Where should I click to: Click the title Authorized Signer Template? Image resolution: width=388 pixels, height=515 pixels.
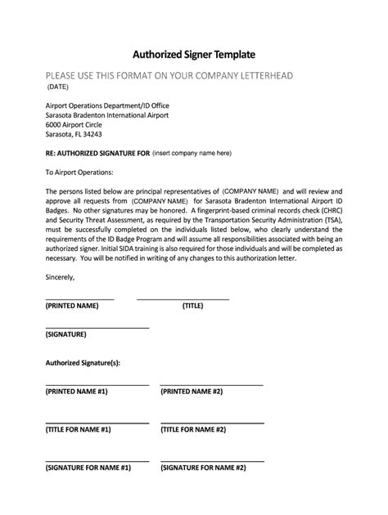pyautogui.click(x=194, y=55)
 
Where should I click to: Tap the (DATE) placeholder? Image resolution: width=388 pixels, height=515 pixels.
pyautogui.click(x=58, y=85)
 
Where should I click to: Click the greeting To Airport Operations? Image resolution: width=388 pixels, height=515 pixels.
pyautogui.click(x=79, y=172)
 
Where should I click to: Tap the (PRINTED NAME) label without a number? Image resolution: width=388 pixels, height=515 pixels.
pyautogui.click(x=72, y=305)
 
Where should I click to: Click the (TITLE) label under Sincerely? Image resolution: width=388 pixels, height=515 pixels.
pyautogui.click(x=192, y=305)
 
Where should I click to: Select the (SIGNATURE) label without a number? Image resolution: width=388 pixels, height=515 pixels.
pyautogui.click(x=66, y=334)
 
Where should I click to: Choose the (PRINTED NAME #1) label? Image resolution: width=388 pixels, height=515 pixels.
pyautogui.click(x=77, y=392)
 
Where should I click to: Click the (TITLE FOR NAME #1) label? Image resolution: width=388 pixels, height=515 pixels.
pyautogui.click(x=79, y=429)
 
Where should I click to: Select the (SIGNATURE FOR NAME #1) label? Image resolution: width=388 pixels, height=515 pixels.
pyautogui.click(x=88, y=468)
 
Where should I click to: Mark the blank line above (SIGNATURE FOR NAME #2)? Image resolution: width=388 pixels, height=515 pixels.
pyautogui.click(x=211, y=460)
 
